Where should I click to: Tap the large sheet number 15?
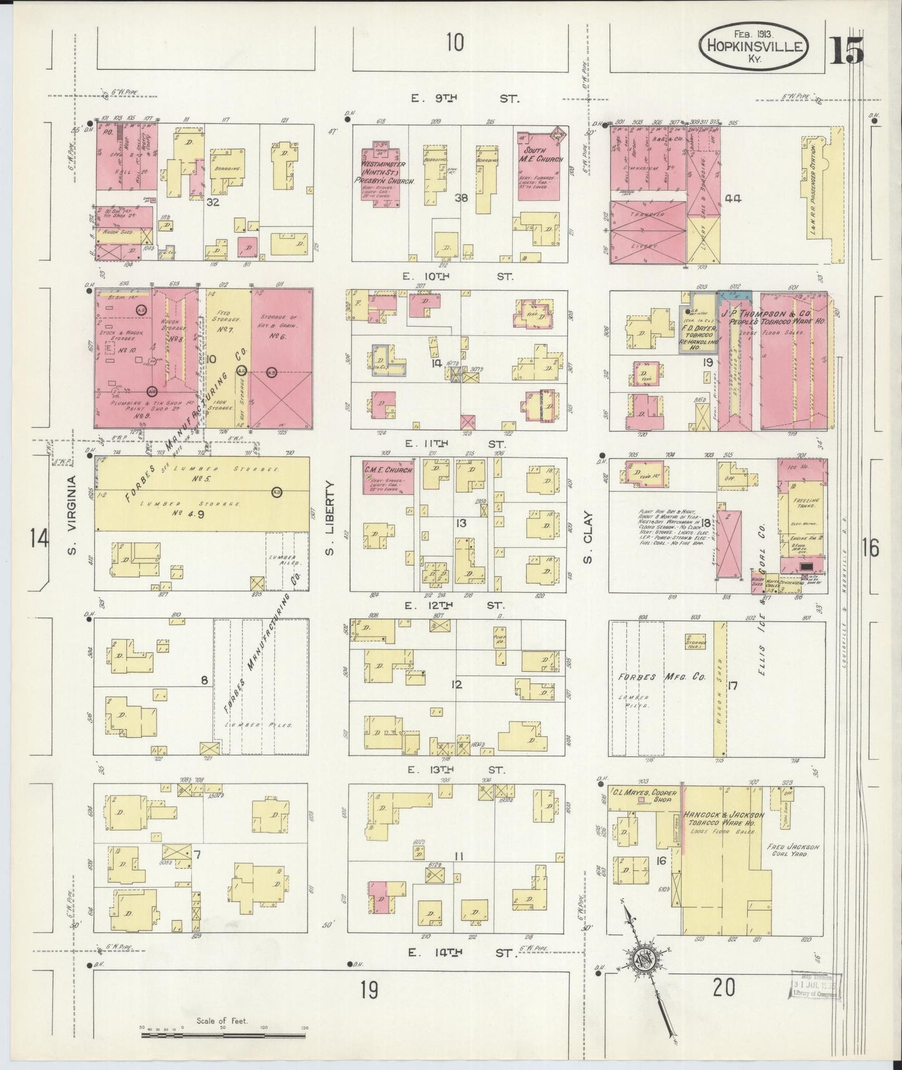[846, 50]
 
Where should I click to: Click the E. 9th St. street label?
[460, 99]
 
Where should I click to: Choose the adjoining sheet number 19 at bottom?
[370, 989]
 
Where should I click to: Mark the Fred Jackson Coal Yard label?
[792, 850]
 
